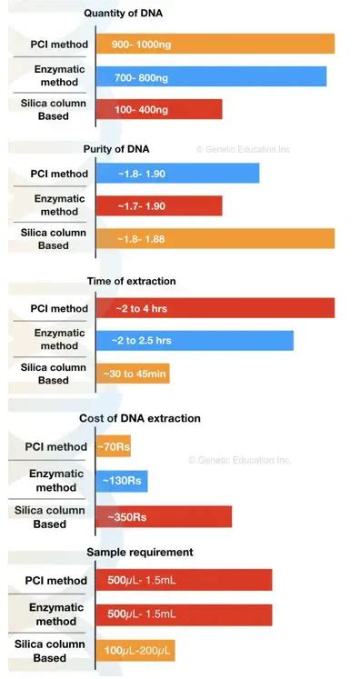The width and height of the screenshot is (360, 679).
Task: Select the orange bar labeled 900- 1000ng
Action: pos(215,44)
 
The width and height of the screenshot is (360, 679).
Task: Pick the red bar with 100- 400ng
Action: pos(159,109)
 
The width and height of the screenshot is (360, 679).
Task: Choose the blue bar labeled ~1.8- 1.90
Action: pos(177,173)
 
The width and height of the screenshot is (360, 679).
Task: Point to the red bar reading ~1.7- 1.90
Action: pos(159,205)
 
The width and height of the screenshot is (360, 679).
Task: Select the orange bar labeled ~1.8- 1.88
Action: pos(215,238)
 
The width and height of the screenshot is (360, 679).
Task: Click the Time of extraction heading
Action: pos(131,281)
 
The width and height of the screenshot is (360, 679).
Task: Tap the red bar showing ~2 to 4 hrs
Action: pos(215,308)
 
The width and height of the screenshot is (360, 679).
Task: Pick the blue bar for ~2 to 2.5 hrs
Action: pos(195,341)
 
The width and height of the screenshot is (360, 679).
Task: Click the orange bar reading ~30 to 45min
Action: pos(133,373)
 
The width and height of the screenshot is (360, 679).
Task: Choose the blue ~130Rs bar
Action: pos(122,482)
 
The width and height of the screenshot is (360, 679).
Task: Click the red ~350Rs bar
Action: pos(164,516)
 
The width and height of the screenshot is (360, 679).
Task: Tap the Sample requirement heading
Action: pos(140,552)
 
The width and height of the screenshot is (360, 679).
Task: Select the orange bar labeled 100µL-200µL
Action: pos(135,650)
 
